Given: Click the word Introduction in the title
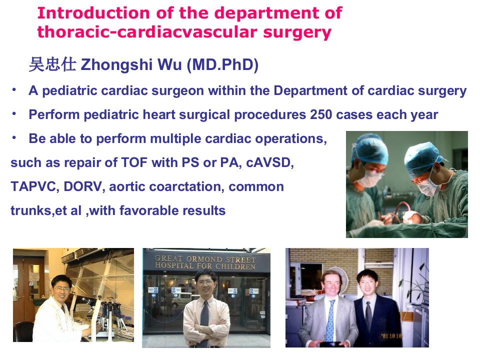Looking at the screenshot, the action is point(93,13).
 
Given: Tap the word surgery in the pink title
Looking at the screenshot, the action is point(297,33).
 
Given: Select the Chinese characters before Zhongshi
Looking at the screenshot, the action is point(52,64).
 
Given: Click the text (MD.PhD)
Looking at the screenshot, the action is point(222,64).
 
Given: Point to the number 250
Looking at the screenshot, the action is point(321,114).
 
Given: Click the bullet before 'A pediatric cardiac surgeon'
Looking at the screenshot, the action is point(14,90).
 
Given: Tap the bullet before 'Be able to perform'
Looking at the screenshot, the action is point(14,138).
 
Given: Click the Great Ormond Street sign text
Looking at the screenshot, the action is point(205,262).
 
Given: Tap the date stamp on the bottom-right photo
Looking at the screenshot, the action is point(391,336).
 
